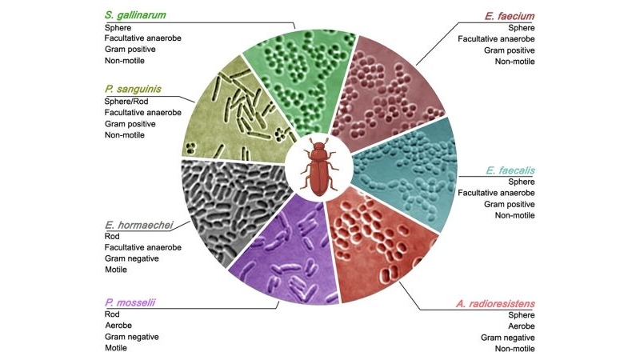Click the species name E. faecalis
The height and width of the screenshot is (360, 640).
(510, 170)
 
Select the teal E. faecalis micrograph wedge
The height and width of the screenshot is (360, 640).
(404, 172)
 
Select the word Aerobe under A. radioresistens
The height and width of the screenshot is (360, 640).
(519, 326)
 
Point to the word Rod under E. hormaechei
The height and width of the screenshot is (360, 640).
(113, 237)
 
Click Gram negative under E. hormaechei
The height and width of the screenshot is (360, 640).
(132, 259)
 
